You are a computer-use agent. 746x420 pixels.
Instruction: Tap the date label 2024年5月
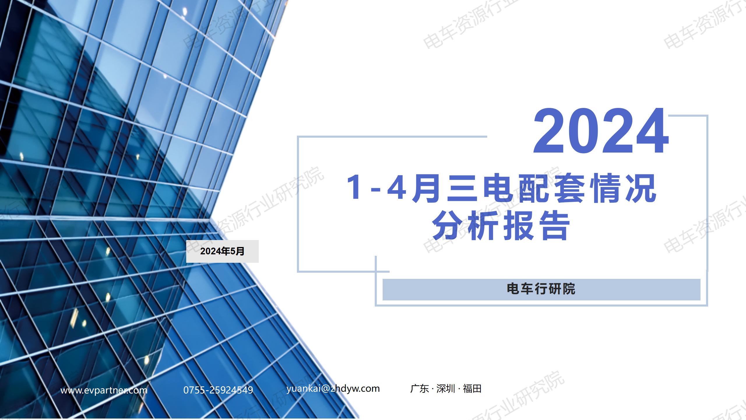click(x=222, y=251)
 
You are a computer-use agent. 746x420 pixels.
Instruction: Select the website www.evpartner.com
click(x=104, y=390)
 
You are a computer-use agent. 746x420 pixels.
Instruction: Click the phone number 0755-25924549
click(x=218, y=390)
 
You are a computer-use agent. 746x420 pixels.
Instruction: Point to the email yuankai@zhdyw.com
click(x=333, y=388)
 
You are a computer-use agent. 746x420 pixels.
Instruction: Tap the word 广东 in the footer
click(x=419, y=389)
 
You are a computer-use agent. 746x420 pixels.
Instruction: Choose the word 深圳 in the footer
click(x=446, y=389)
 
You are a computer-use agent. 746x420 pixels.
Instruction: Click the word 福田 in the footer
click(x=472, y=389)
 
